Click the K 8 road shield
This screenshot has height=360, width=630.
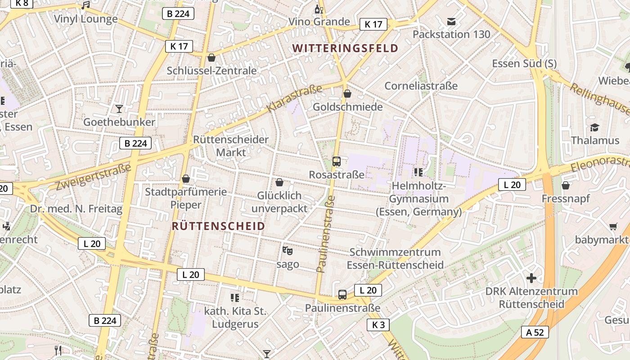tap(21, 3)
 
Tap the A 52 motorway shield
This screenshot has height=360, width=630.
tap(535, 332)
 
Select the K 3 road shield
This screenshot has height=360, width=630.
tap(378, 324)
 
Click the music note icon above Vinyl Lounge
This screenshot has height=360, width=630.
tap(85, 5)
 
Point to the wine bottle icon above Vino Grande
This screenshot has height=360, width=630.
tap(319, 9)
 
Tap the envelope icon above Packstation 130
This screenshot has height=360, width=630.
tap(451, 22)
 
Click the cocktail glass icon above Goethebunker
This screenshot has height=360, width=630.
tap(119, 109)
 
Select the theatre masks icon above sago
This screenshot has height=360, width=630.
tap(287, 251)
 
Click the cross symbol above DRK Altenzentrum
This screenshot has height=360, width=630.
tap(531, 278)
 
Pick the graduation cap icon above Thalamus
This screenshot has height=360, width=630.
tap(595, 127)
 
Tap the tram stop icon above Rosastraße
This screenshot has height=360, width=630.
tap(336, 161)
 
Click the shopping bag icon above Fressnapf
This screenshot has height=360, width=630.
tap(566, 185)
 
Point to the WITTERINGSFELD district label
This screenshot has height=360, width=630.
tap(345, 48)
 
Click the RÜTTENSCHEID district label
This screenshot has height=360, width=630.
tap(218, 226)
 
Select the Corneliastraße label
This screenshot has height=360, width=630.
tap(421, 85)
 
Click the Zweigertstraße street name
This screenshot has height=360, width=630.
tap(93, 177)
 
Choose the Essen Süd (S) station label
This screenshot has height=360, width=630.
tap(524, 63)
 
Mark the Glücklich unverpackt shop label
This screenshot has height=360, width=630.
tap(279, 202)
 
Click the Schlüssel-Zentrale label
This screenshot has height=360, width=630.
tap(211, 71)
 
